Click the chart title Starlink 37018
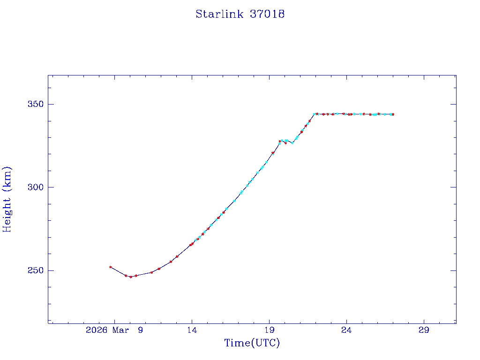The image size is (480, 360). [240, 14]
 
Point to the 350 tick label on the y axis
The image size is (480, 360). [34, 104]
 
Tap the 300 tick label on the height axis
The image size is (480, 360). [34, 187]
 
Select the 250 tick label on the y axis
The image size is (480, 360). [34, 271]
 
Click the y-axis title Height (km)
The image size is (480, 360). [7, 199]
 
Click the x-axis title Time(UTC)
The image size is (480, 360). [252, 343]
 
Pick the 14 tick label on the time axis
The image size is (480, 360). [192, 330]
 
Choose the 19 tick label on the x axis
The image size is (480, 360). [269, 330]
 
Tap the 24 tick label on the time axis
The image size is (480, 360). [346, 330]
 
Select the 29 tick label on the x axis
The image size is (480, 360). [424, 330]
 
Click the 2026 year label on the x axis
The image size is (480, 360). [97, 330]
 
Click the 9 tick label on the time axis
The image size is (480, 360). [140, 330]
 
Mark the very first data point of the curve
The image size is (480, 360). [111, 267]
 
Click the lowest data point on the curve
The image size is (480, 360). [131, 277]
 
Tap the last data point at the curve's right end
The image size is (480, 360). [393, 114]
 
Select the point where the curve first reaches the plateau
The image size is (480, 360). [315, 114]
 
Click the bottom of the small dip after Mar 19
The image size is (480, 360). [292, 143]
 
